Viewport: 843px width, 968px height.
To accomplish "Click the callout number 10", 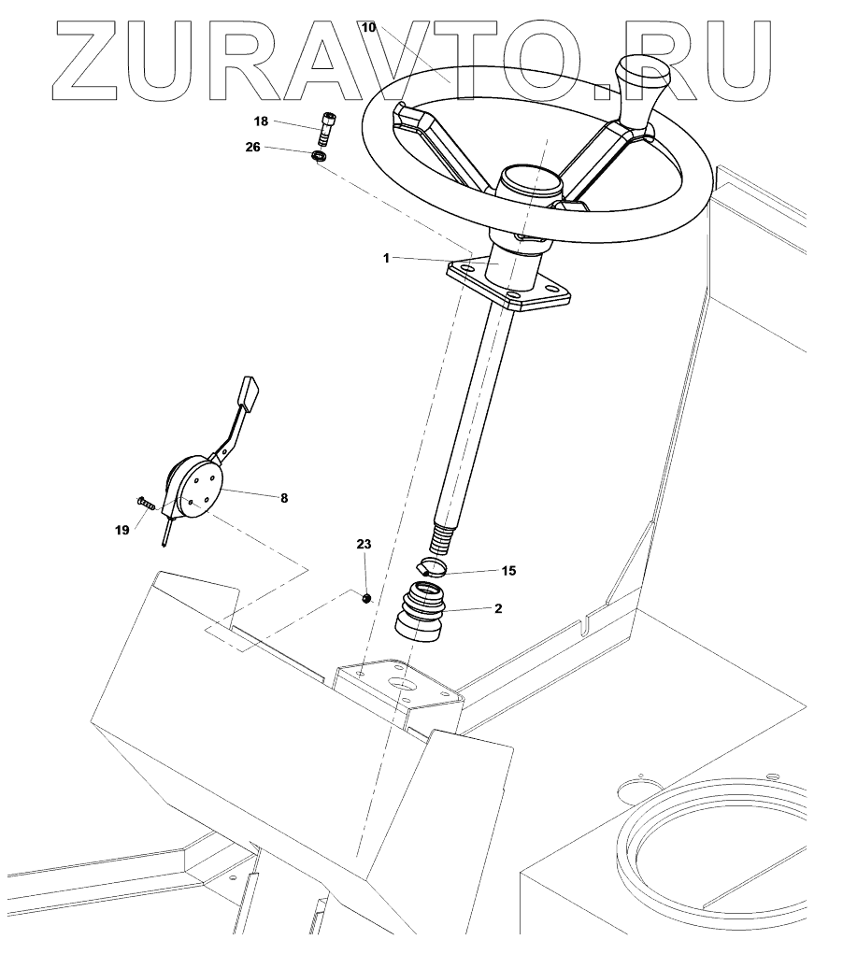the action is (x=368, y=28).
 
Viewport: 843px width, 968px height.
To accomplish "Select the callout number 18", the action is (x=261, y=121).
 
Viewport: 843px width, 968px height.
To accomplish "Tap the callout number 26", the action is (x=253, y=148).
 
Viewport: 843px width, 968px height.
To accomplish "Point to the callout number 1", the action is (x=386, y=258).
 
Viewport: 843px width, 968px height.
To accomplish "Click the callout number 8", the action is (x=283, y=499).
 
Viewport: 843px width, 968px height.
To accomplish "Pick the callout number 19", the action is (x=121, y=530).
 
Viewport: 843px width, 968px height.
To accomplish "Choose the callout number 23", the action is (x=364, y=543).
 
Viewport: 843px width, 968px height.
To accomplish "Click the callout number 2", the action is (x=498, y=608).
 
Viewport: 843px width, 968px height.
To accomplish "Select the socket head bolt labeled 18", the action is (x=325, y=128).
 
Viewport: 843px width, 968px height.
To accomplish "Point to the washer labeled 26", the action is (x=318, y=156).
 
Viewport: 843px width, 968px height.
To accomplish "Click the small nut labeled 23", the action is (x=368, y=596).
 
